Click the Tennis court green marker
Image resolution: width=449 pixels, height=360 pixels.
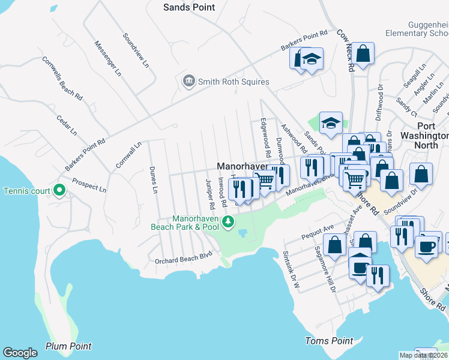click(x=59, y=191)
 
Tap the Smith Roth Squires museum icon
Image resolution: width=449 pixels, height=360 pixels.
click(x=189, y=81)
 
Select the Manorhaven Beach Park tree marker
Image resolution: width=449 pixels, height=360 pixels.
click(x=228, y=223)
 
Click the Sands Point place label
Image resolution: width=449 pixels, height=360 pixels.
click(x=189, y=7)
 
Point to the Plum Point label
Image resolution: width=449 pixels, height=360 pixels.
click(x=68, y=346)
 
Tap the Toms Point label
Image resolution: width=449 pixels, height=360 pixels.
click(x=328, y=341)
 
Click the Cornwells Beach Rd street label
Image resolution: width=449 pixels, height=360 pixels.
click(x=62, y=77)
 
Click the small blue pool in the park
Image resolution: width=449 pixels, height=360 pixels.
click(x=243, y=232)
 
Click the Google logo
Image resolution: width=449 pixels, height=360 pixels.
click(x=20, y=353)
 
